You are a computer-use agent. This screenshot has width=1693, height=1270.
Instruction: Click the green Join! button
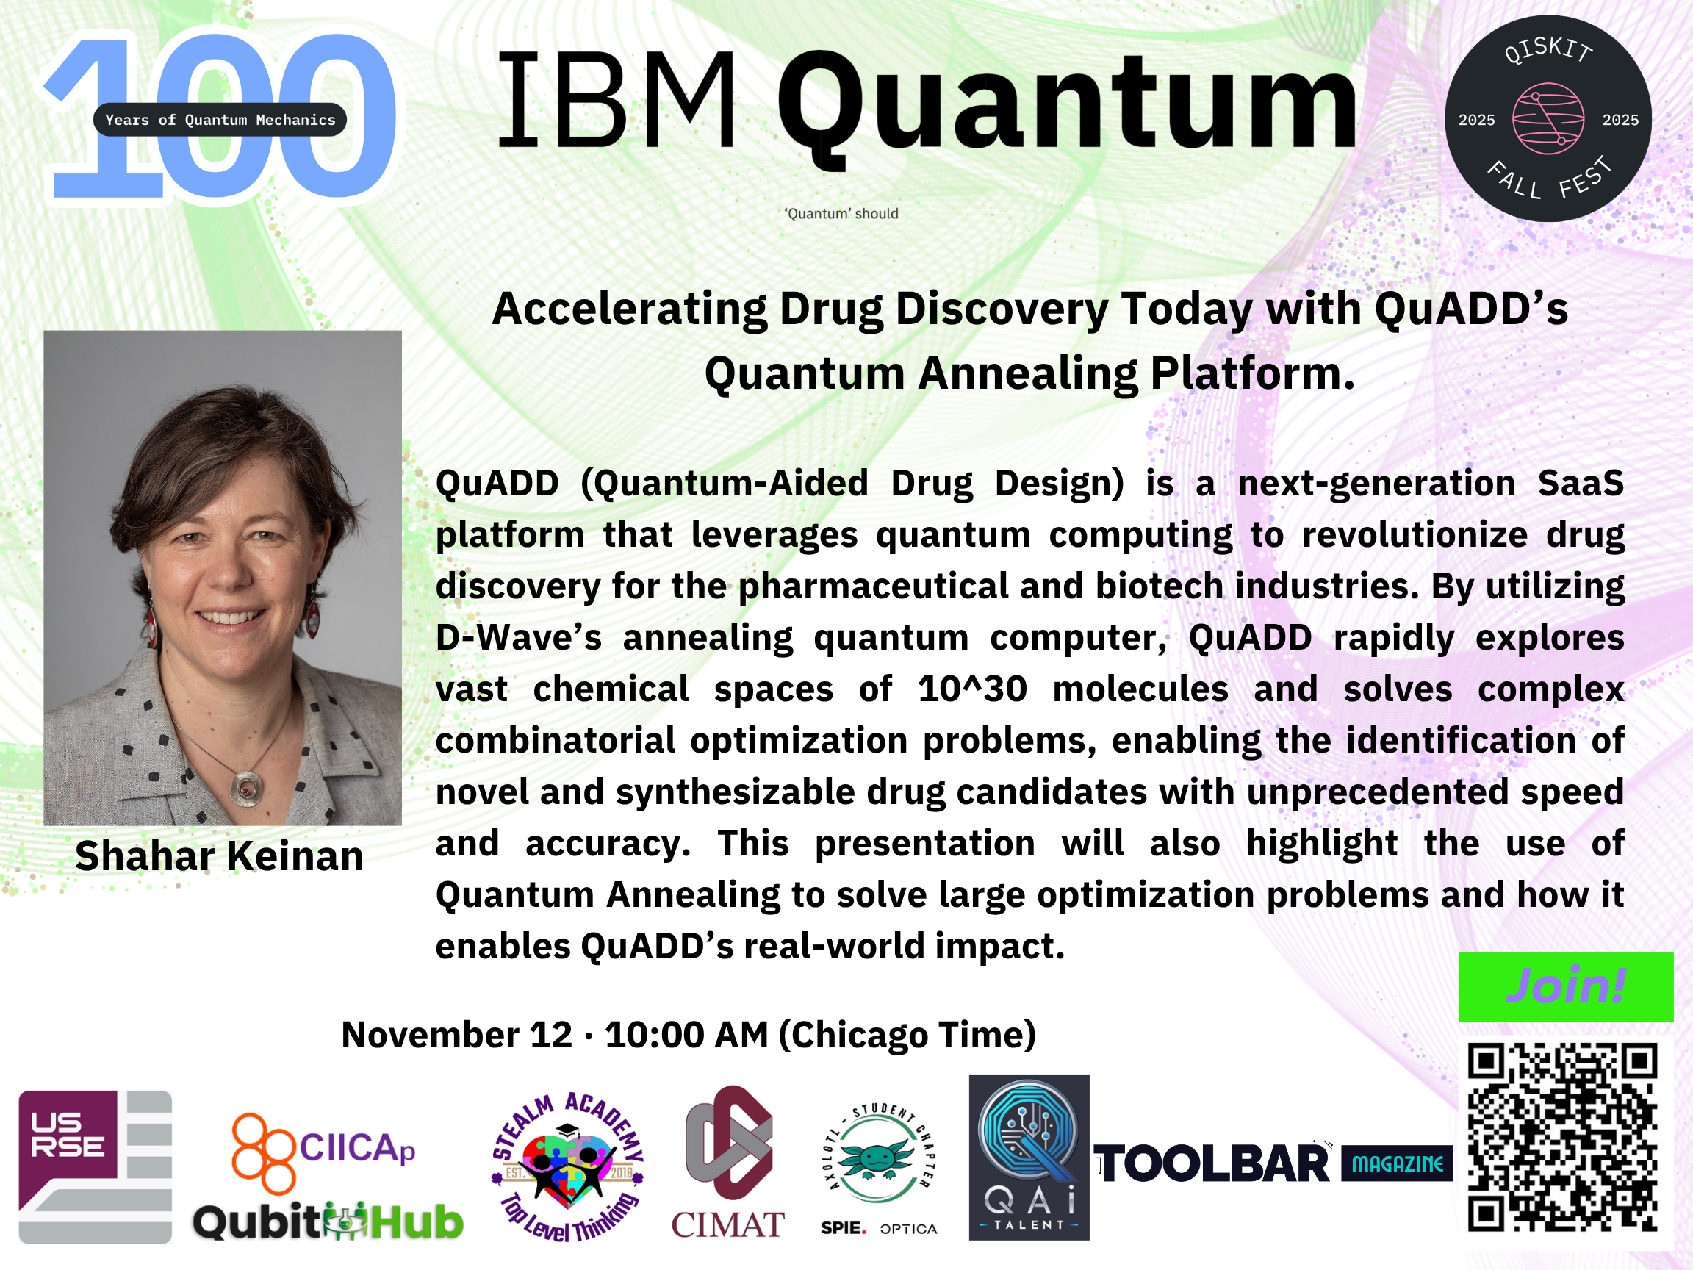[x=1566, y=986]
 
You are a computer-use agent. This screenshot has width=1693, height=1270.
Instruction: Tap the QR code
[x=1563, y=1138]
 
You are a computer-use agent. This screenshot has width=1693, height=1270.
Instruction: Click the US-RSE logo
[x=95, y=1166]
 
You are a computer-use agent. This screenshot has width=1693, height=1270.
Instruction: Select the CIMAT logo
[x=728, y=1162]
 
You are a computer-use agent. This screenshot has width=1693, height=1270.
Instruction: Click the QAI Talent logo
[x=1029, y=1158]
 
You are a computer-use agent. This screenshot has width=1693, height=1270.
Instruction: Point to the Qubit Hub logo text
[x=328, y=1221]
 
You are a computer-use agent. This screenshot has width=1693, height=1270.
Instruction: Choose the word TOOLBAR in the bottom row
[x=1212, y=1164]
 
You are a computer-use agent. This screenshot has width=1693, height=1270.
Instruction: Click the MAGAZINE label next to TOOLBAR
[x=1397, y=1164]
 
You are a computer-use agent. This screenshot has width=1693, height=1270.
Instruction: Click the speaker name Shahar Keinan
[x=220, y=855]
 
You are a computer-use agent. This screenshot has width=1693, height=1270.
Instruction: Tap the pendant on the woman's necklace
[x=246, y=789]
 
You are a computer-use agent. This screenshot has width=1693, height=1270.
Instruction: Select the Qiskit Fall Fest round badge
[x=1548, y=118]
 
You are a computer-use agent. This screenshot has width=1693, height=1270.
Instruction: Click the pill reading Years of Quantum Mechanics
[x=220, y=119]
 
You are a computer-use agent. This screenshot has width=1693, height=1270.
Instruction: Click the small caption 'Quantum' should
[x=841, y=214]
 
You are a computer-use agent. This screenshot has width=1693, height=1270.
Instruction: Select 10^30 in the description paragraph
[x=972, y=688]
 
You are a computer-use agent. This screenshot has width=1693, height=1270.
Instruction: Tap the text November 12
[x=457, y=1034]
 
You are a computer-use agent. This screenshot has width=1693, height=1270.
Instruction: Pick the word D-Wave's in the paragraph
[x=519, y=637]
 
